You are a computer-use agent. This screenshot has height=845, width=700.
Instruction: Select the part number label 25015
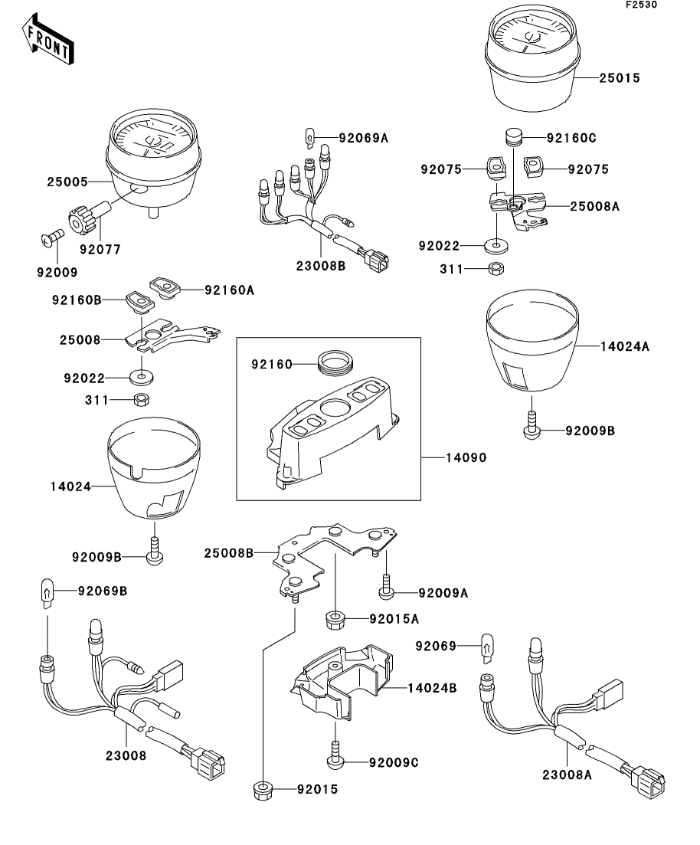620,78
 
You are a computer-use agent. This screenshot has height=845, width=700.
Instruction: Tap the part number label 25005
67,182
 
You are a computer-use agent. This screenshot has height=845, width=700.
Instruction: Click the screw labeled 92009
48,241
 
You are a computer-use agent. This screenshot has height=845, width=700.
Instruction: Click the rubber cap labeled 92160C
512,139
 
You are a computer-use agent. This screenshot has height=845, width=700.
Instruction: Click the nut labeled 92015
262,789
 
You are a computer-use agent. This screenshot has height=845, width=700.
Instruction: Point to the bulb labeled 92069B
47,593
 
